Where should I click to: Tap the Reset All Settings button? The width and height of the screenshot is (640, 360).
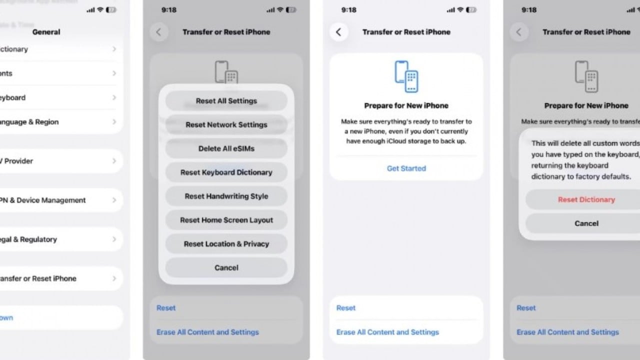coord(226,101)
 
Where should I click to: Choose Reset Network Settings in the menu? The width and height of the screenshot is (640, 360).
coord(226,125)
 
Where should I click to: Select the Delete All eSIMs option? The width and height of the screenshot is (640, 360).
coord(226,148)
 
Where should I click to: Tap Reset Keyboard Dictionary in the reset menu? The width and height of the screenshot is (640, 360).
coord(226,172)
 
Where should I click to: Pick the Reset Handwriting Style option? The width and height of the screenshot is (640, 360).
coord(226,196)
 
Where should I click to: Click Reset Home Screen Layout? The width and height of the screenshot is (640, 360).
coord(226,220)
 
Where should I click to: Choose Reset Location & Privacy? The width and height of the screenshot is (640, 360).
coord(226,244)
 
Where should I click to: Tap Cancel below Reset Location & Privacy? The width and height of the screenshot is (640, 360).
coord(226,268)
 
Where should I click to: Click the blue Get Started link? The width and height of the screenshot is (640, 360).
coord(406,168)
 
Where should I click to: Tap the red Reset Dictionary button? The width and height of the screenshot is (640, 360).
coord(586,199)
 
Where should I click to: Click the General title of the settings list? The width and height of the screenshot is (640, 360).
coord(46,32)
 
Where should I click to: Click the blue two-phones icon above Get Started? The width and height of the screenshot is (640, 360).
coord(406,76)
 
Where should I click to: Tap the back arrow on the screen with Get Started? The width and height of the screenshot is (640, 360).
coord(338,32)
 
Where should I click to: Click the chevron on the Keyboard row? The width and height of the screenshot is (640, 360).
coord(114,97)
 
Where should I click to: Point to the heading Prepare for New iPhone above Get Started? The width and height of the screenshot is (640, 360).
coord(406,105)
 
